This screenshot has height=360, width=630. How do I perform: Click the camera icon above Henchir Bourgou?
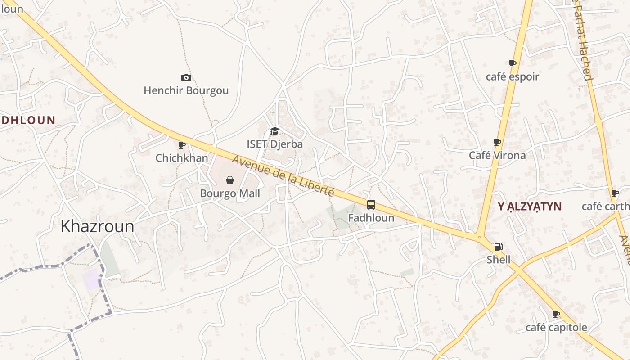pos(186,78)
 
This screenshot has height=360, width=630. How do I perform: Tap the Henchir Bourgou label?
pos(186,90)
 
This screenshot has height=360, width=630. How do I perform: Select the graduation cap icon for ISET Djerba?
pos(274,131)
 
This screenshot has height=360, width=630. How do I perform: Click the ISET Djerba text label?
pos(274,144)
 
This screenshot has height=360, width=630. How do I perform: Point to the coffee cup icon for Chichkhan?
pos(182,145)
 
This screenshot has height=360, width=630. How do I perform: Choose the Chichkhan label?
pos(182,158)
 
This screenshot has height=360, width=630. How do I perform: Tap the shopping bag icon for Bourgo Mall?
pos(230,180)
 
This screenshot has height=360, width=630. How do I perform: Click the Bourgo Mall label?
pos(230,193)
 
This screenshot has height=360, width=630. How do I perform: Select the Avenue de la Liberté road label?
pos(283,175)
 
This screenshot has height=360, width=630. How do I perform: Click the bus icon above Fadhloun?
pos(371,205)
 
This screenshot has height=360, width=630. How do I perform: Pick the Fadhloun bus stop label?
pos(371,218)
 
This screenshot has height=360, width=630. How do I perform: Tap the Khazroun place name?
pos(97,226)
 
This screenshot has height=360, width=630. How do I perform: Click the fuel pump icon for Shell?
pos(499,247)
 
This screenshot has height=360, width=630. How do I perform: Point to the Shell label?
pos(499,260)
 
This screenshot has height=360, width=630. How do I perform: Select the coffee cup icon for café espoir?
pos(513,63)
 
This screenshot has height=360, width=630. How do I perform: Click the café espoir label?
pos(513,76)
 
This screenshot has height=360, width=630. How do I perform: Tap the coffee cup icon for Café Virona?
pos(497,142)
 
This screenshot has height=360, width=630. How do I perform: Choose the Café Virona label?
pos(497,155)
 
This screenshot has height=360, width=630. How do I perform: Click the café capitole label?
pos(556,327)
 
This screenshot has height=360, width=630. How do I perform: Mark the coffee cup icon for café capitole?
pos(556,314)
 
